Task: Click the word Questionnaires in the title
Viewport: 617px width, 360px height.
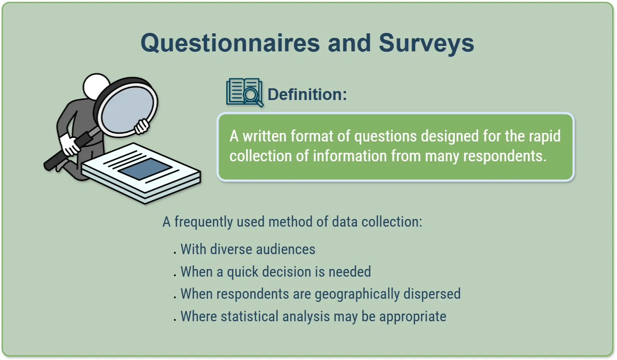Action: point(230,43)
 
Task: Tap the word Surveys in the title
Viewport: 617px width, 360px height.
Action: point(426,44)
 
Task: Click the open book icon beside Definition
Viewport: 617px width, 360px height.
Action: point(245,92)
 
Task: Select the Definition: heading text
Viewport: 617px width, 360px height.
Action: point(307,95)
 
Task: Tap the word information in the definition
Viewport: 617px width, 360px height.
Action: point(350,156)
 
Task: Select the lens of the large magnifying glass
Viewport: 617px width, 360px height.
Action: point(127,110)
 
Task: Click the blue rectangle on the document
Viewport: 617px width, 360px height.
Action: point(145,169)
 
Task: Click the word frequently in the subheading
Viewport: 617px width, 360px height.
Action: point(204,222)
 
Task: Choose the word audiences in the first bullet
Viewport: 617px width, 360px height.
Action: point(286,249)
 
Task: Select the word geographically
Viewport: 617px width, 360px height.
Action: point(357,294)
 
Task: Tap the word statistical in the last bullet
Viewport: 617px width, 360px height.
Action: point(250,316)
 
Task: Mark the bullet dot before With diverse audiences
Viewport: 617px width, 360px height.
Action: point(175,253)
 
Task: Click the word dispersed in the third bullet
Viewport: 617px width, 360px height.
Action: point(432,294)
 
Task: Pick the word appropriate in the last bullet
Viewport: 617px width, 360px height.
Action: point(413,317)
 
